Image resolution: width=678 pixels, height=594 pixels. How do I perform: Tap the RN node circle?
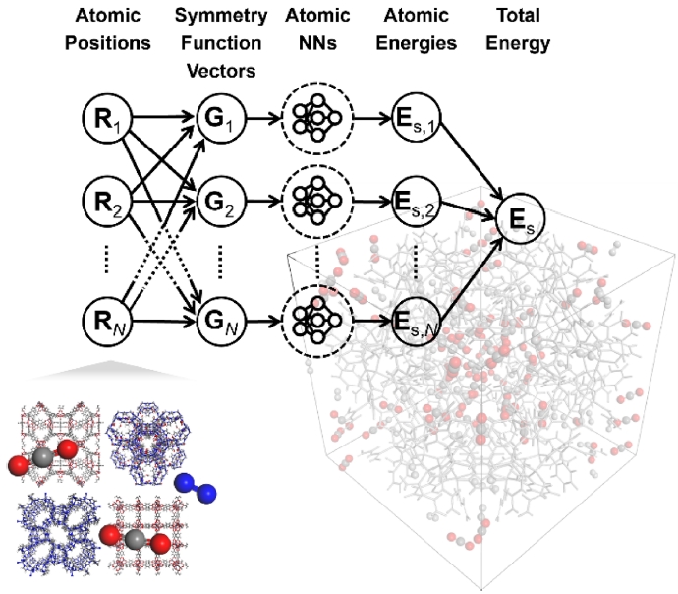(105, 321)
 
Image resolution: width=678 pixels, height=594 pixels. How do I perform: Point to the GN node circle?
(217, 321)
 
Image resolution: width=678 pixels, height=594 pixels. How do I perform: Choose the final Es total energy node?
(522, 222)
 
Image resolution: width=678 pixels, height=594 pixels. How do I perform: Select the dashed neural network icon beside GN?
(315, 321)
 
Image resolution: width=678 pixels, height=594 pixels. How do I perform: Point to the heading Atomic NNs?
(315, 30)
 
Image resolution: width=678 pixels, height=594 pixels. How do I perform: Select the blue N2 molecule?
(197, 486)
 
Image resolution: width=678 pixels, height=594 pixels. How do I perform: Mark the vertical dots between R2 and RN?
(105, 262)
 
